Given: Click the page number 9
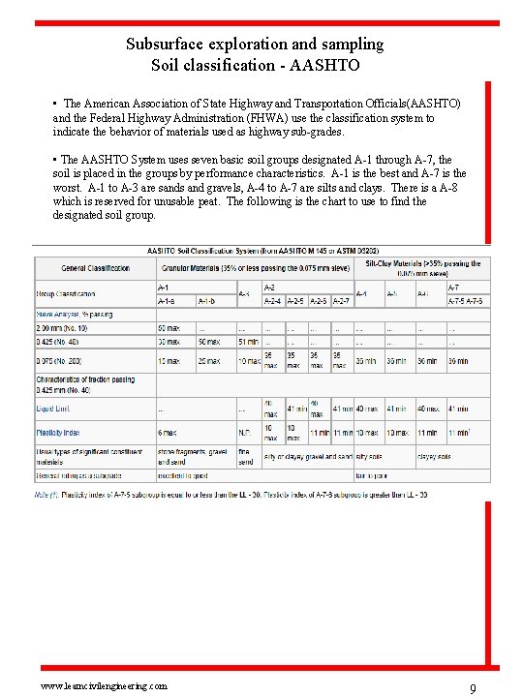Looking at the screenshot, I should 472,688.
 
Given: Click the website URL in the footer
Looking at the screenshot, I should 97,684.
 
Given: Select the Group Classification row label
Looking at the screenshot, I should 67,292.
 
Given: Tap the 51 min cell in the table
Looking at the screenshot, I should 247,341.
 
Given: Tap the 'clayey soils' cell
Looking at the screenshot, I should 434,456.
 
